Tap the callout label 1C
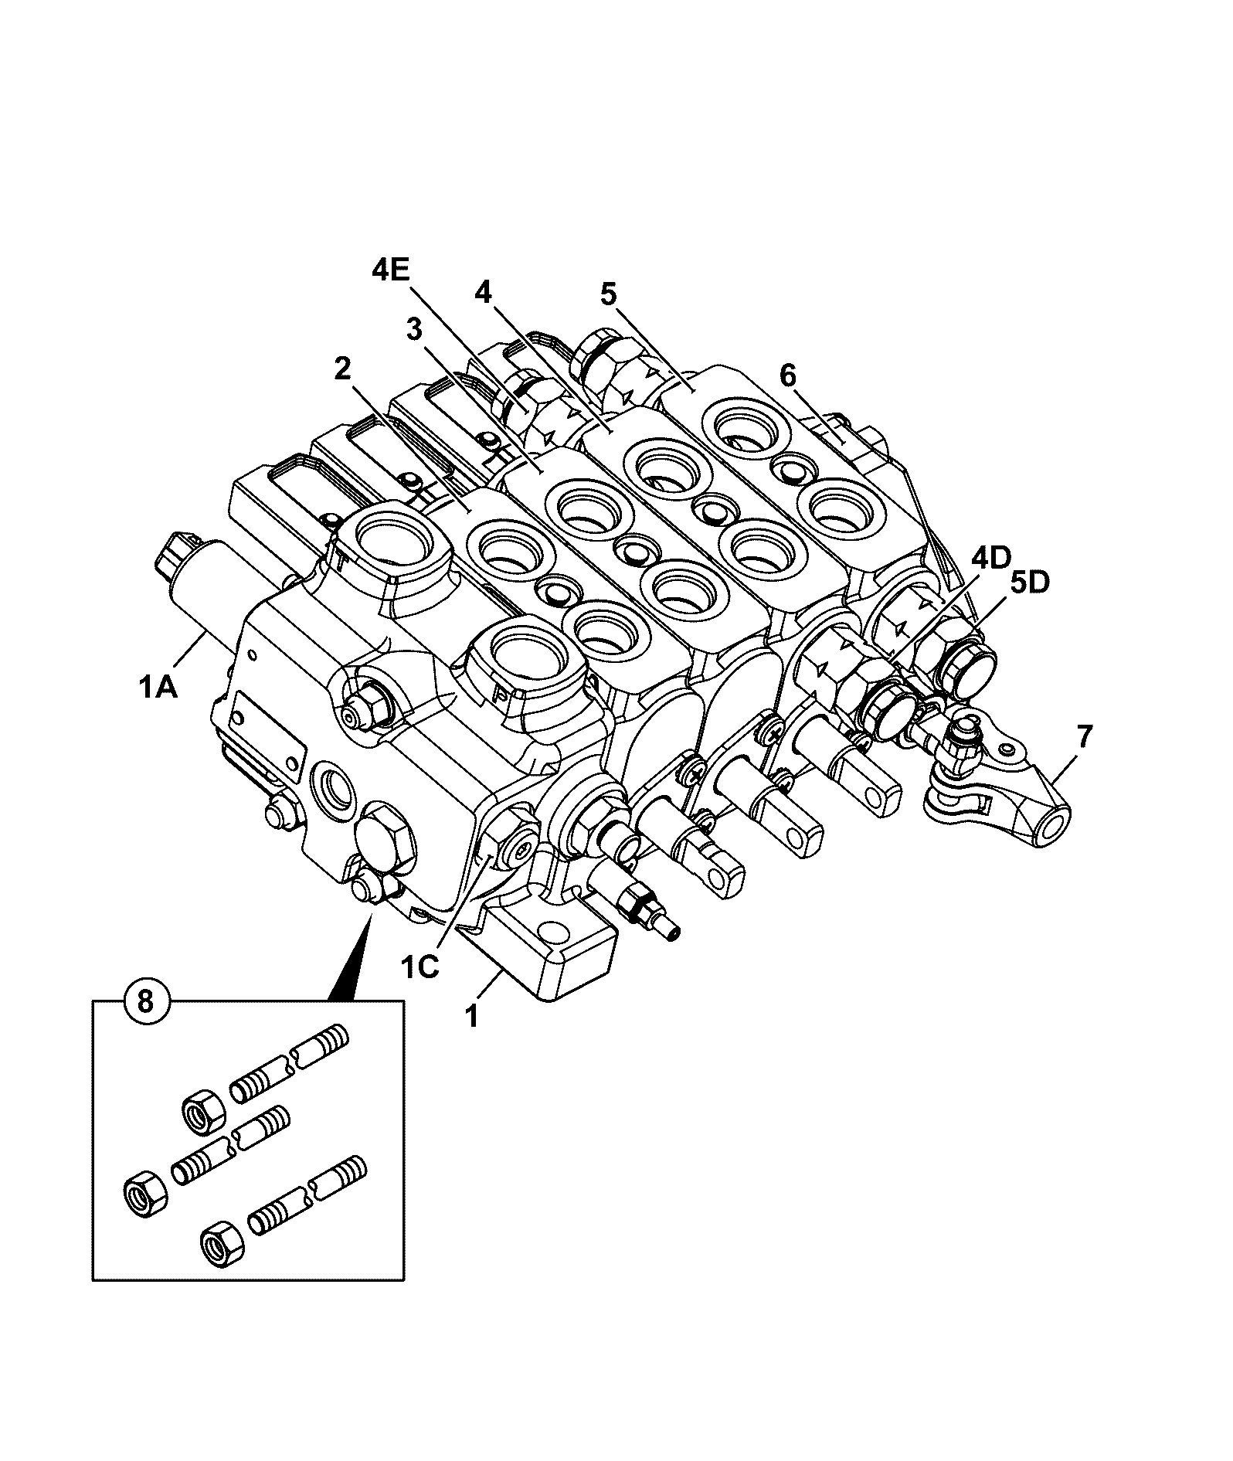pos(419,967)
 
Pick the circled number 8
pos(144,1001)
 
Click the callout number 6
pos(787,376)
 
